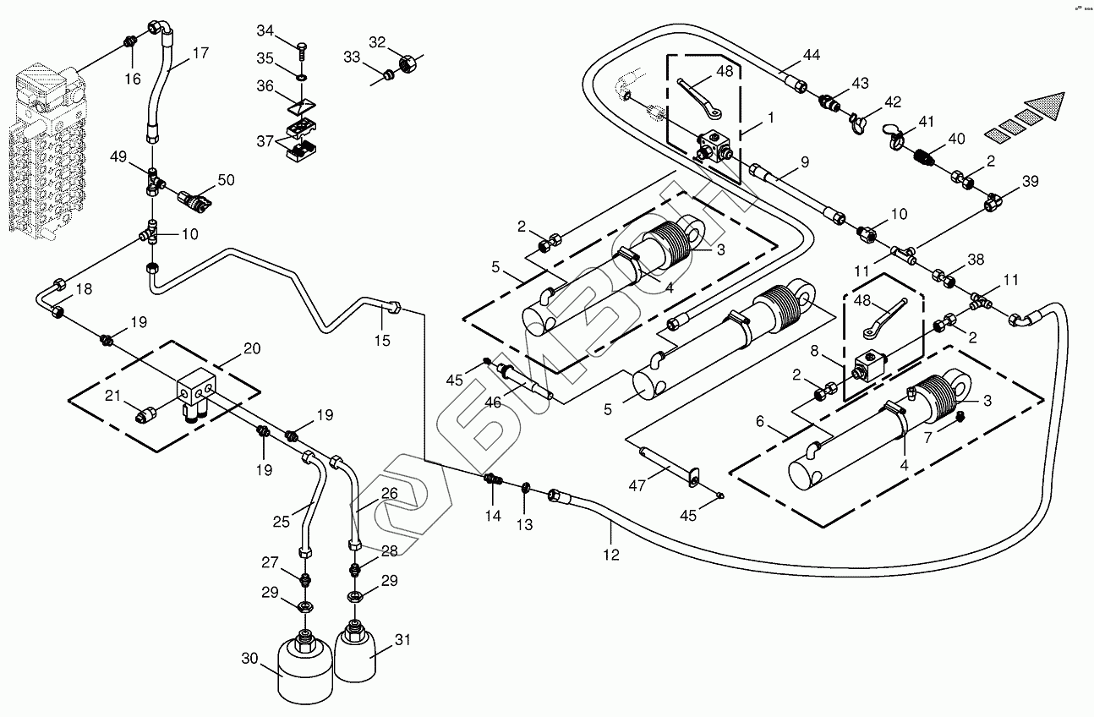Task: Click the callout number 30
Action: point(249,658)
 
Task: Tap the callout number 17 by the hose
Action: point(200,52)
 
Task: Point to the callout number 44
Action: point(811,55)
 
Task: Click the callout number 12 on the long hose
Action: point(611,556)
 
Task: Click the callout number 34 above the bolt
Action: point(265,31)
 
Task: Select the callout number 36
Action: point(265,86)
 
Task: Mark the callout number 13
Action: point(525,525)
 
